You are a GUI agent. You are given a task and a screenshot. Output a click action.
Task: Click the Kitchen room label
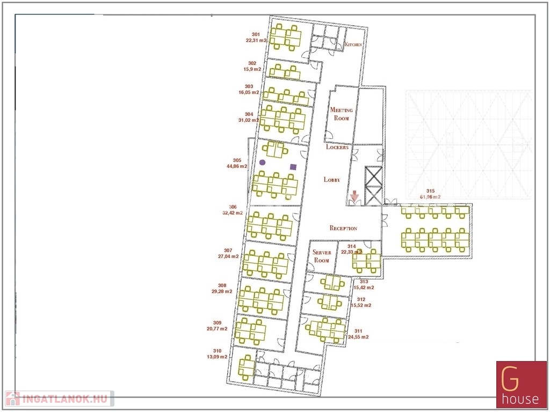point(353,45)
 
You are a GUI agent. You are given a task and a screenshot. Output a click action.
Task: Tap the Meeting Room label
point(341,114)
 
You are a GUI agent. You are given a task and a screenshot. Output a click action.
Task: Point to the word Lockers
point(337,147)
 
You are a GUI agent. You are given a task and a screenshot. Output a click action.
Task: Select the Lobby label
point(332,180)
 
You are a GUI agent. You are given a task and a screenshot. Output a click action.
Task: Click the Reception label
point(343,228)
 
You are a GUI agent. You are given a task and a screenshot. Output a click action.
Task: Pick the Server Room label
point(322,256)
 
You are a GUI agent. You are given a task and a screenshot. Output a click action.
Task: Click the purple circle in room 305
point(262,163)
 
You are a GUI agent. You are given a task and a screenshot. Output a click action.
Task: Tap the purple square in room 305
point(293,167)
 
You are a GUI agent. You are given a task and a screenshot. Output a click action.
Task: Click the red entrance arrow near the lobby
point(354,196)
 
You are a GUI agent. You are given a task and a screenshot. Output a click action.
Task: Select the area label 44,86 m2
point(237,166)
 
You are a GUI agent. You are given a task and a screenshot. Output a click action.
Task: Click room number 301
point(256,34)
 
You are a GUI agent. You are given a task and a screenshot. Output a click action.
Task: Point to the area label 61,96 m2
point(430,197)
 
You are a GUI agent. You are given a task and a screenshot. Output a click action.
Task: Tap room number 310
point(217,351)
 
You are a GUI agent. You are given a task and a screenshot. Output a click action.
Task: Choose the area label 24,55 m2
point(358,337)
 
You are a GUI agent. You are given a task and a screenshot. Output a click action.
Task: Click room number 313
point(364,282)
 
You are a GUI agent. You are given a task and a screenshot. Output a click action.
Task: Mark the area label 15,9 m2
point(252,69)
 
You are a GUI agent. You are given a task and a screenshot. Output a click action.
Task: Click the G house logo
point(521,384)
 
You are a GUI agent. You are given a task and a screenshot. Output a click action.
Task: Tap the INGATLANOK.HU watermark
point(60,399)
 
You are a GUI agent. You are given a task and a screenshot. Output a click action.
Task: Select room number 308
point(222,285)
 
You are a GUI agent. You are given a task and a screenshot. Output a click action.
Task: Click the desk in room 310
point(247,367)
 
